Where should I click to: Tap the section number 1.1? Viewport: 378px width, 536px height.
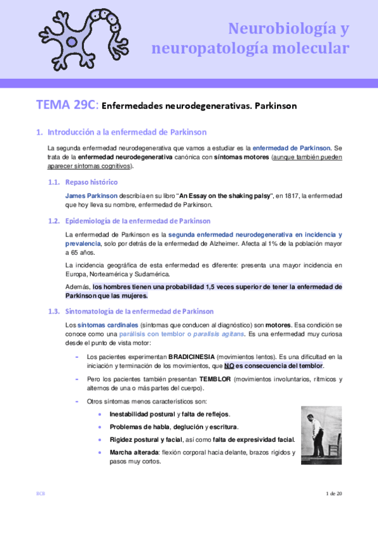point(55,182)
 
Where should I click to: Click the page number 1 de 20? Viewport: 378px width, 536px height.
point(333,493)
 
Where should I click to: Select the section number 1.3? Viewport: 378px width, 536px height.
point(55,311)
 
